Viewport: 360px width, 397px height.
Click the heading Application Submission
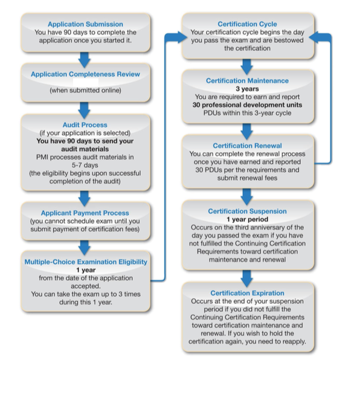click(x=85, y=24)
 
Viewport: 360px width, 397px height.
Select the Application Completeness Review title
click(x=85, y=74)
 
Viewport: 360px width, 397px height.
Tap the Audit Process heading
click(x=85, y=125)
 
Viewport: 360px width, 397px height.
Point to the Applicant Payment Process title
click(x=85, y=213)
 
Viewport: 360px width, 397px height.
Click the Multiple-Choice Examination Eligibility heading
click(x=86, y=262)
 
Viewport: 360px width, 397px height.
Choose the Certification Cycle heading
click(x=247, y=24)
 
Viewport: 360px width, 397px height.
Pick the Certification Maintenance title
click(x=247, y=81)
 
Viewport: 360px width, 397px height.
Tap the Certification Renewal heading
click(x=247, y=146)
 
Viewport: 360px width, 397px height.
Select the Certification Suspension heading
click(x=247, y=211)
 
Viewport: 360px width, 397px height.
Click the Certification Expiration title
click(x=247, y=293)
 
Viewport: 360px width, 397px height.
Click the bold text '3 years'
click(x=247, y=89)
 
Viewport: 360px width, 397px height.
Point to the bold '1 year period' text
click(x=247, y=219)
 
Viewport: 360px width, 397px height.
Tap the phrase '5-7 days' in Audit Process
click(x=85, y=166)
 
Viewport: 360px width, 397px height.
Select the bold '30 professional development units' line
click(x=247, y=105)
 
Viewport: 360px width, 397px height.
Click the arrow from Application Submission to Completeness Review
click(x=85, y=60)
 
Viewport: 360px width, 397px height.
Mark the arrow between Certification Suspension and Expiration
click(x=247, y=278)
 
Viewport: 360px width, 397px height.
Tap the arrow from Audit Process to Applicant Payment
click(x=85, y=198)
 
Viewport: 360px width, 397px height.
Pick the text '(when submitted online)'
click(x=85, y=91)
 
